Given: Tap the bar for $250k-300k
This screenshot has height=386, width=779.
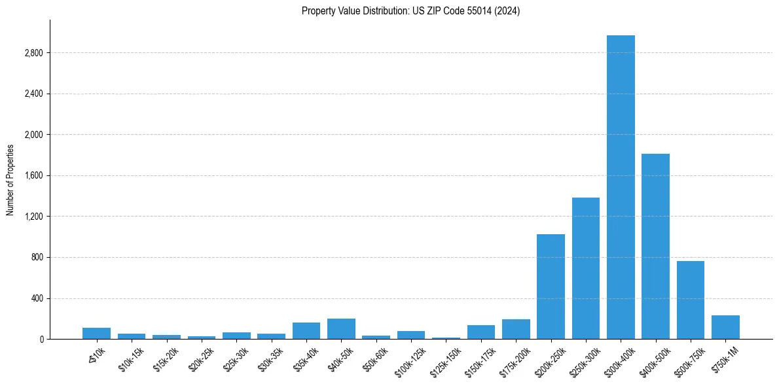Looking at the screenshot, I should [x=586, y=268].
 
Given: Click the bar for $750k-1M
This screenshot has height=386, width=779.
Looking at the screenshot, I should [x=725, y=327].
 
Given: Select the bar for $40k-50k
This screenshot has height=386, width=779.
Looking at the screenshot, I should [x=341, y=328].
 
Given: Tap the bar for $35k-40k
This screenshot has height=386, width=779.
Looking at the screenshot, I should [x=306, y=330].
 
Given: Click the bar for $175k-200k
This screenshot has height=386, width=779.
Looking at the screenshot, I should [x=516, y=329].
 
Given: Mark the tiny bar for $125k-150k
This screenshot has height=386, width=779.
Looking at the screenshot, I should [x=446, y=338].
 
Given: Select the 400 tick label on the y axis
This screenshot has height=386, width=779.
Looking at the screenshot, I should [x=37, y=298].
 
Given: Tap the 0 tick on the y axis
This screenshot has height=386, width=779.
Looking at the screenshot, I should [x=41, y=339].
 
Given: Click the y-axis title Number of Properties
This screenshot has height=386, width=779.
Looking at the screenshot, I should [x=10, y=180].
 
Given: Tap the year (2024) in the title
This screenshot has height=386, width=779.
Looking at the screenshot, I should [x=507, y=10].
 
